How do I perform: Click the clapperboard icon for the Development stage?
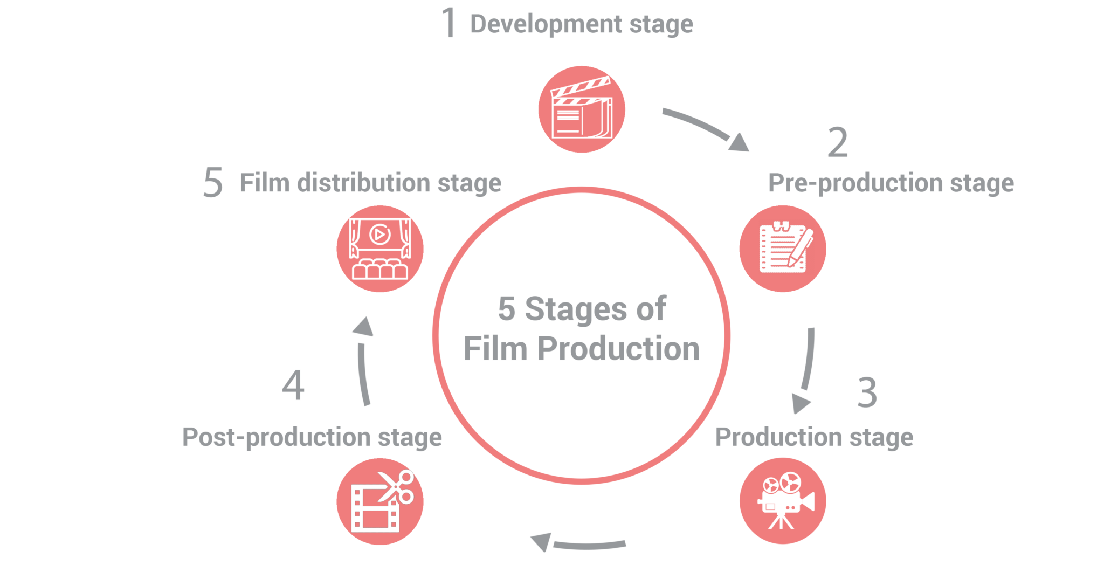pos(582,109)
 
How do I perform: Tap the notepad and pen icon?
pos(782,249)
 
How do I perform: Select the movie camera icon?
pos(782,501)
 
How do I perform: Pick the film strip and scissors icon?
pos(380,501)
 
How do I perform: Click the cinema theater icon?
pos(380,249)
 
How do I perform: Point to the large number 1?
pos(448,23)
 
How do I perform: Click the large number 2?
pos(838,143)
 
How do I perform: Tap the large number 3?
pos(867,392)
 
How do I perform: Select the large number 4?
pos(293,385)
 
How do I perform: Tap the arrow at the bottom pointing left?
pos(577,543)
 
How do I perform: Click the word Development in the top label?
pos(546,24)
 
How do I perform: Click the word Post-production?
pos(275,437)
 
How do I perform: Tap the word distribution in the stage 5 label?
pos(364,183)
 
